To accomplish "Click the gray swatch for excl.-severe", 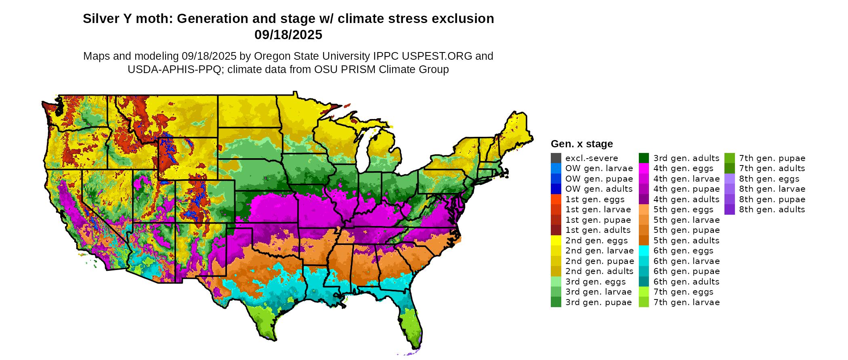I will pos(556,158).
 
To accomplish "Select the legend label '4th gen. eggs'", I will pos(683,168).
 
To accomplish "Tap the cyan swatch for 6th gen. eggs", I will pos(644,251).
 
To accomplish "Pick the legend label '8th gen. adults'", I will pos(772,209).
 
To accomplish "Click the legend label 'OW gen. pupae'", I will pos(599,179).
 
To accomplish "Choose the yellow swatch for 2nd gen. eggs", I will pos(556,241).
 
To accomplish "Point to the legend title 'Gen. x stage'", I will pos(581,144).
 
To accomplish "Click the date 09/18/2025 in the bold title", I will pos(288,35).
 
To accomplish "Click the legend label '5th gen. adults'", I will pos(686,241).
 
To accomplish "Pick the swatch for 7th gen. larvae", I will pos(644,302).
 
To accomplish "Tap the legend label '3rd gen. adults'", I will pos(686,158).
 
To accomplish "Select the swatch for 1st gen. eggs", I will pos(556,199).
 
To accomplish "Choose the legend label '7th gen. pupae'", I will pos(772,158).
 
